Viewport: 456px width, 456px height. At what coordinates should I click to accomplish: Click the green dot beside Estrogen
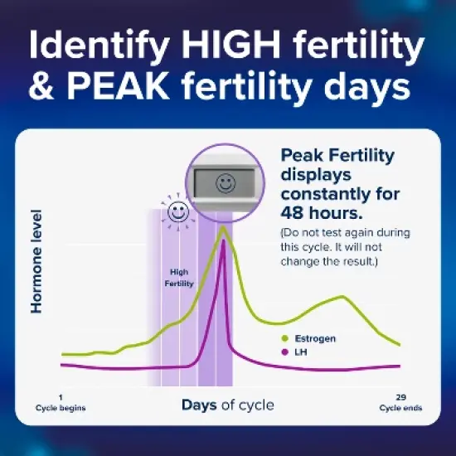click(x=284, y=338)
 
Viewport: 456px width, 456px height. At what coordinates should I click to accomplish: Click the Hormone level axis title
click(x=36, y=260)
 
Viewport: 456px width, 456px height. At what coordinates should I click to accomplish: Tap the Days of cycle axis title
click(x=227, y=405)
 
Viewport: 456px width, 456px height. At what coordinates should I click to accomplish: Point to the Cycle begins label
click(x=61, y=408)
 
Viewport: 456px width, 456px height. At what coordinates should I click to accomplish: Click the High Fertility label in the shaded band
click(x=179, y=277)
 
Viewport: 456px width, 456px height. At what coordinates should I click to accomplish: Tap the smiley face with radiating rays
click(x=177, y=212)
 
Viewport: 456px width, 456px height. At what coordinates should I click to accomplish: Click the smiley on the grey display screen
click(x=223, y=183)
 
